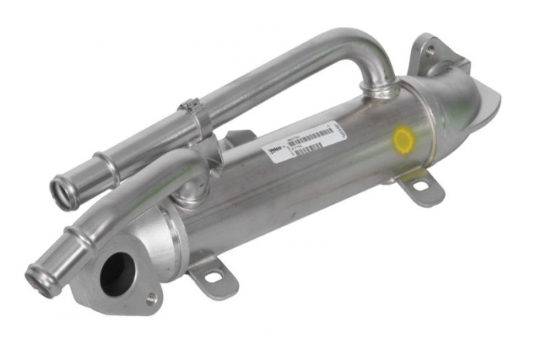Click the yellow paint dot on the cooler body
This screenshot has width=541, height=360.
pyautogui.click(x=402, y=140)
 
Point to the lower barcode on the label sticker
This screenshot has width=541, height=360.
pyautogui.click(x=308, y=148)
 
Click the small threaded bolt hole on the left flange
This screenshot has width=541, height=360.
pyautogui.click(x=151, y=297)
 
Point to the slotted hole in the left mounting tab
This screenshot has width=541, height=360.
pyautogui.click(x=213, y=275)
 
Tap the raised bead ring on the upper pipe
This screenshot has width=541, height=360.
pyautogui.click(x=106, y=167)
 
